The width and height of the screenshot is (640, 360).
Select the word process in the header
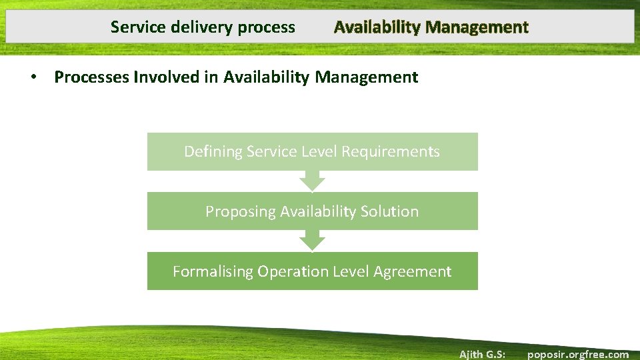tap(266, 28)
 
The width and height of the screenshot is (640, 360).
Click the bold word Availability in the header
tap(377, 28)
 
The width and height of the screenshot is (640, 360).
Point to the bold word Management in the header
tap(477, 28)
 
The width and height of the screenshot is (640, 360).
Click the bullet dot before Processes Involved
tap(33, 77)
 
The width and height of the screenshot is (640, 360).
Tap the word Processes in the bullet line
tap(92, 77)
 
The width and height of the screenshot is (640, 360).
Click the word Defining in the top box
tap(213, 152)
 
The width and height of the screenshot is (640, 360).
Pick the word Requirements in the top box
tap(391, 152)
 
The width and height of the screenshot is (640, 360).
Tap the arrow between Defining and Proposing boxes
tap(312, 181)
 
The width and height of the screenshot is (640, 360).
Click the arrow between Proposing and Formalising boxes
tap(312, 241)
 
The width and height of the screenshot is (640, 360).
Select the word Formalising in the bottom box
tap(213, 272)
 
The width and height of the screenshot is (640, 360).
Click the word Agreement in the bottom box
tap(413, 272)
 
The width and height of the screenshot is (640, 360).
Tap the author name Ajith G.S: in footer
tap(482, 354)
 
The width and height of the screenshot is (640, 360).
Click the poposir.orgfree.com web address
tap(577, 354)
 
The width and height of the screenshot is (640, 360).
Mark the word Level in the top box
tap(319, 152)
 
